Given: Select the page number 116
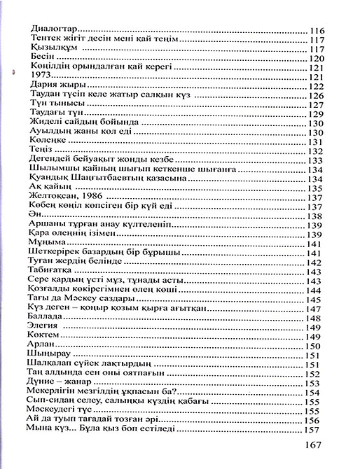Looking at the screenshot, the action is click(319, 30).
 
